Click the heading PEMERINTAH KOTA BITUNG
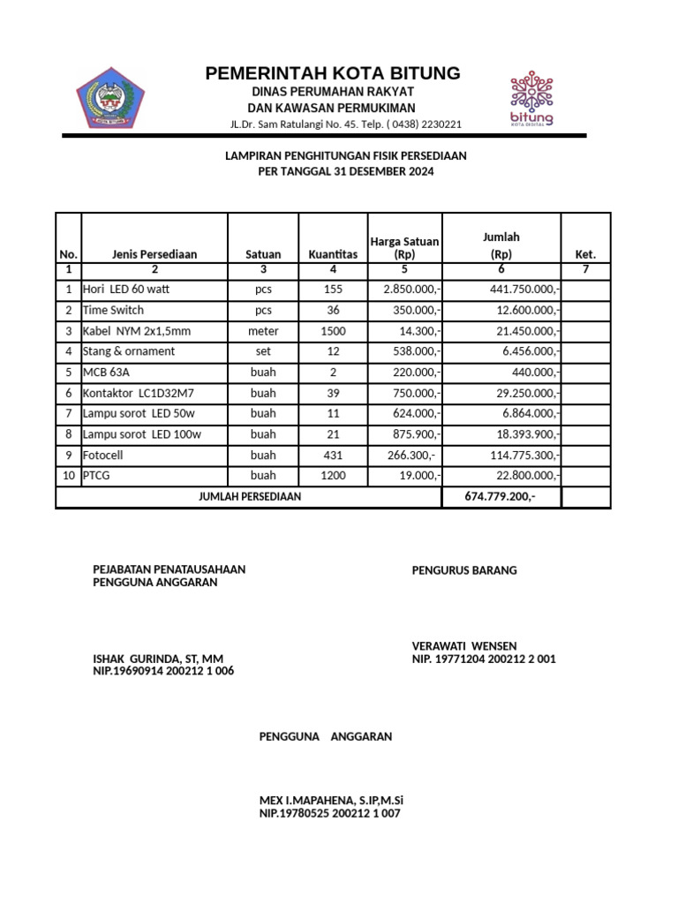(333, 73)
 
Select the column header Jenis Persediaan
(154, 254)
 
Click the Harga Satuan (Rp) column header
(404, 248)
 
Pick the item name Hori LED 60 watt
(129, 290)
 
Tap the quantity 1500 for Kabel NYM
(333, 331)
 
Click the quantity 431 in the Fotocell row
(333, 455)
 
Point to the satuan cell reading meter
(263, 331)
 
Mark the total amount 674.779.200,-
(500, 497)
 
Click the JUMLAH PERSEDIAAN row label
(250, 497)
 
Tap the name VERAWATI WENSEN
(464, 646)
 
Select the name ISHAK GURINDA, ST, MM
(158, 659)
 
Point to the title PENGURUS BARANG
(464, 570)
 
